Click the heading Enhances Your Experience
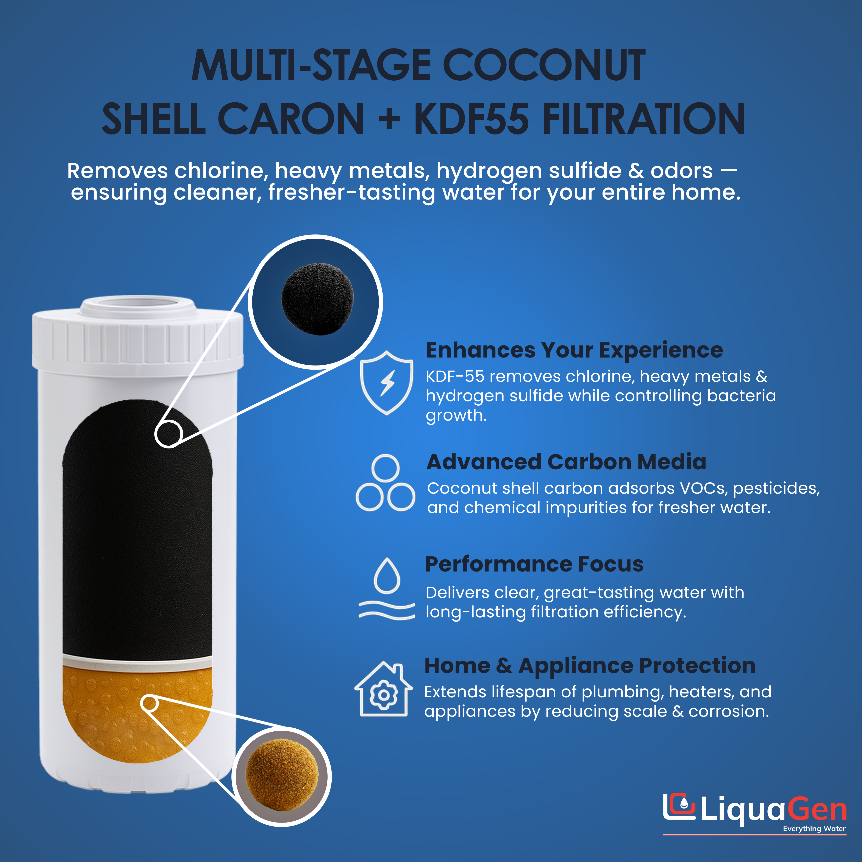[x=574, y=350]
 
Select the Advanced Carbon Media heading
[x=566, y=462]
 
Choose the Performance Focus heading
[x=534, y=564]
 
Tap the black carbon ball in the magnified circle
[x=317, y=299]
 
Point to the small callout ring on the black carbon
[x=168, y=434]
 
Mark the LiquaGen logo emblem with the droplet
[x=679, y=807]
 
